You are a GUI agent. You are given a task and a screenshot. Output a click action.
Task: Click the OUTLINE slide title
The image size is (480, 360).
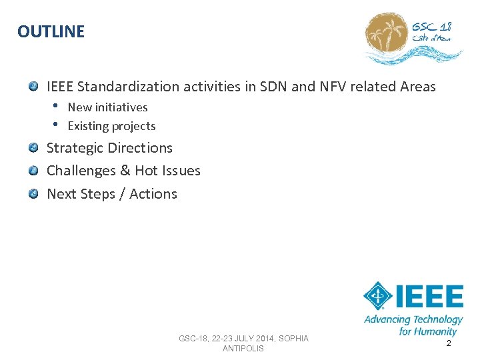(x=51, y=31)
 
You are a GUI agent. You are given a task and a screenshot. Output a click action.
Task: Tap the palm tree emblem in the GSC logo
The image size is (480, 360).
(x=387, y=36)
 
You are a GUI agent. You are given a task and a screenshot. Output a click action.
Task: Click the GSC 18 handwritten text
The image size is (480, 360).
(x=431, y=27)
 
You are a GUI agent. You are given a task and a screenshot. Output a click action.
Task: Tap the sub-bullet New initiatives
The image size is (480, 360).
(x=107, y=107)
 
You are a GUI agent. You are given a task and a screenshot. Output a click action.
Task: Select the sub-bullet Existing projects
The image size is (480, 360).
(x=111, y=126)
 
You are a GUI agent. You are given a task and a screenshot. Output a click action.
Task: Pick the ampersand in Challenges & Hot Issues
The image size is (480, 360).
(x=125, y=171)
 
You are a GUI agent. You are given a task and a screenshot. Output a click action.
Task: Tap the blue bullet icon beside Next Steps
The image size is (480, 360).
(x=33, y=193)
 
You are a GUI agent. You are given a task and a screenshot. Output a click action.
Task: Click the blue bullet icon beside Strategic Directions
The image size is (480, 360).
(x=33, y=147)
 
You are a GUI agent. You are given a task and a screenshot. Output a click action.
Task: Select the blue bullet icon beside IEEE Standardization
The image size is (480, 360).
(x=33, y=86)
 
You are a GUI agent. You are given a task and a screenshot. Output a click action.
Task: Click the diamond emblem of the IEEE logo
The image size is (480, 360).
(x=377, y=296)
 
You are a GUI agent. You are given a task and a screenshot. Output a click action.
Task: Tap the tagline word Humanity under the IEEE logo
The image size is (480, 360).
(x=436, y=331)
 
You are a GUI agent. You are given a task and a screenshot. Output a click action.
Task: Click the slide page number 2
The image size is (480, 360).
(x=449, y=343)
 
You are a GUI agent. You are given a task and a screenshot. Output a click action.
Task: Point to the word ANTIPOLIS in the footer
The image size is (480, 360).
(x=243, y=349)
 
